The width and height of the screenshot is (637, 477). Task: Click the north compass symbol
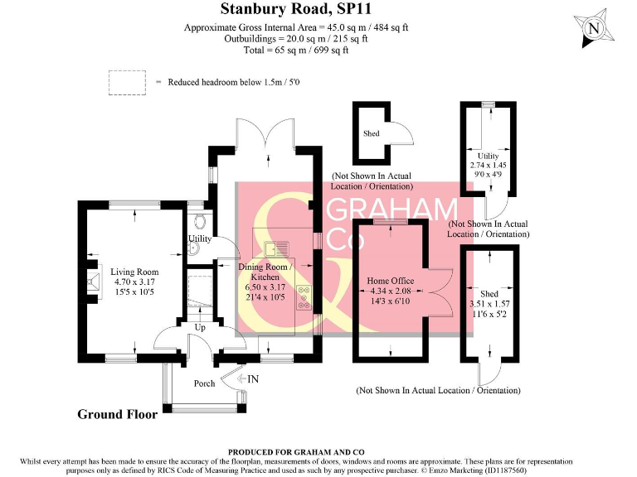pos(595,27)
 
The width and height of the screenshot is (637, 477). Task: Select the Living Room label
pos(134,272)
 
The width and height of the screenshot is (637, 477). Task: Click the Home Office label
pos(390,281)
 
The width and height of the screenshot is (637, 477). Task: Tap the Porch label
pos(204,383)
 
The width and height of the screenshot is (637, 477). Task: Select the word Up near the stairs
pos(199,328)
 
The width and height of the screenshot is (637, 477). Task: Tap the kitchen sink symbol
pos(275,247)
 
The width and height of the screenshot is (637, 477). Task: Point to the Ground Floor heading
pos(118,414)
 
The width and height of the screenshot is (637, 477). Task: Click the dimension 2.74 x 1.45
pos(488,166)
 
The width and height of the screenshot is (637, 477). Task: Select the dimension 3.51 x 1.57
pos(489,304)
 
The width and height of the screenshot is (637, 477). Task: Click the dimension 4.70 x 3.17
pos(134,282)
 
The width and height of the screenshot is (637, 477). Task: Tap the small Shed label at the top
pos(371,133)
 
